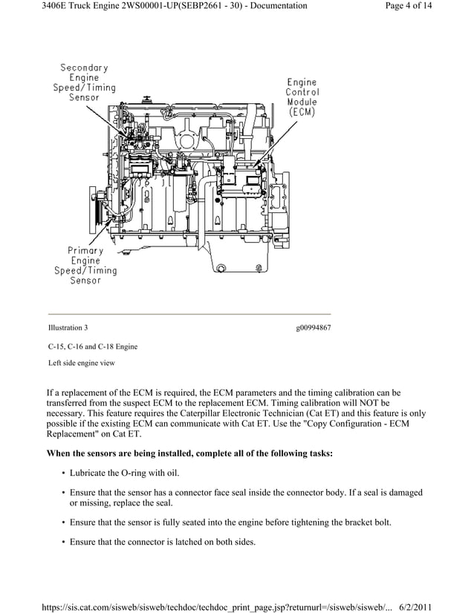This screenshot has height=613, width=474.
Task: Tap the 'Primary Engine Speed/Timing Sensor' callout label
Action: point(85,266)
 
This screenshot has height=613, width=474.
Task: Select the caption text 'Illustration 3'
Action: point(68,327)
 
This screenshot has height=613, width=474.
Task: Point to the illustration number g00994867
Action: point(313,327)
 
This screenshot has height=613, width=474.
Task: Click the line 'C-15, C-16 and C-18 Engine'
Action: point(93,347)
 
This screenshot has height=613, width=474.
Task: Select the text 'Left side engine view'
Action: point(82,363)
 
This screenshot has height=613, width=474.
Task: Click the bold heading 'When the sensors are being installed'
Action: point(189,453)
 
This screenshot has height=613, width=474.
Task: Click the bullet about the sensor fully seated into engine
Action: point(230,522)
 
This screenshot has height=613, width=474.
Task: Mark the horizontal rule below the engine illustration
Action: point(189,314)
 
